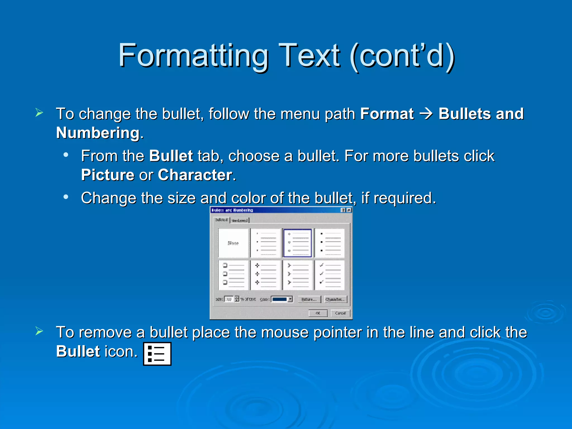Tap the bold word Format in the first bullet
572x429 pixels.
pyautogui.click(x=387, y=114)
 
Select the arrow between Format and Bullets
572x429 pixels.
pyautogui.click(x=426, y=114)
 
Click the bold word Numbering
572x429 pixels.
pyautogui.click(x=98, y=133)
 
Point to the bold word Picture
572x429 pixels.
pyautogui.click(x=108, y=175)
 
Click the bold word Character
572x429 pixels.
pyautogui.click(x=195, y=175)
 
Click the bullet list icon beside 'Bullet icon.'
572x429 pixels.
pyautogui.click(x=157, y=354)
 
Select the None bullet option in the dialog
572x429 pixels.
pyautogui.click(x=233, y=243)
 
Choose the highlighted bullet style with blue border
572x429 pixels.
pyautogui.click(x=297, y=243)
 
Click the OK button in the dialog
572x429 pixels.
pyautogui.click(x=318, y=313)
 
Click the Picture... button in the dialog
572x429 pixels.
pyautogui.click(x=309, y=299)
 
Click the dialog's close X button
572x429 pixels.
pyautogui.click(x=349, y=210)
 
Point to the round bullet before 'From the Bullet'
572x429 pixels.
pyautogui.click(x=66, y=155)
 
